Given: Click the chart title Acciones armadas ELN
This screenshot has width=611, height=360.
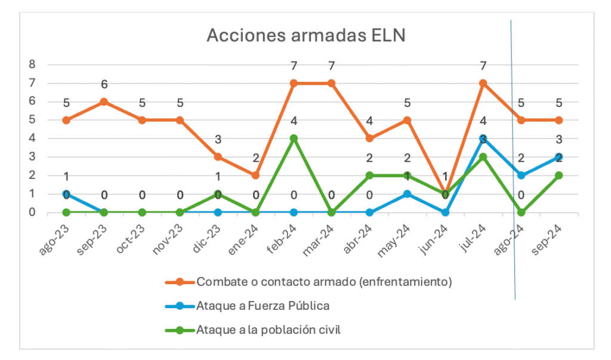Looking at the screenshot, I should click(x=305, y=36).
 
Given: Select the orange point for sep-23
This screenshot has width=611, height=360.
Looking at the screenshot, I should click(x=104, y=101).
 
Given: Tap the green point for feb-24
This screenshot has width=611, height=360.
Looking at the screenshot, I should click(x=294, y=139).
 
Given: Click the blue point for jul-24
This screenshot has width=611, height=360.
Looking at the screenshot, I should click(x=483, y=139).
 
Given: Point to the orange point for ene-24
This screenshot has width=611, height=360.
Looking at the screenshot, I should click(x=255, y=176).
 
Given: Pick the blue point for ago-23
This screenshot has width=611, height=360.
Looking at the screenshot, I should click(x=66, y=194).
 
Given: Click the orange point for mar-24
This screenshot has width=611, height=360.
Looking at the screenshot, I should click(x=331, y=83).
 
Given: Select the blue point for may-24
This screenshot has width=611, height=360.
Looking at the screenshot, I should click(x=408, y=194).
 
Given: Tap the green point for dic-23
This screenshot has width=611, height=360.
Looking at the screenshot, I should click(x=218, y=194).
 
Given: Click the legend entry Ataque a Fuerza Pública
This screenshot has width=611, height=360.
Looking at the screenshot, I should click(x=263, y=306).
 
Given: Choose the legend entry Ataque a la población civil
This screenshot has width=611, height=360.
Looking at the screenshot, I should click(x=268, y=330).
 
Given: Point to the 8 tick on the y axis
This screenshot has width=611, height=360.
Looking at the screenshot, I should click(x=33, y=64).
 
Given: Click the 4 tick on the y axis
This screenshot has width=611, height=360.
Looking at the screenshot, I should click(x=33, y=139).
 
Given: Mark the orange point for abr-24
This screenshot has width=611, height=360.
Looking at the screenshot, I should click(x=369, y=139).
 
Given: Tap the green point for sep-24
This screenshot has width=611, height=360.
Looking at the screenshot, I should click(x=559, y=176).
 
